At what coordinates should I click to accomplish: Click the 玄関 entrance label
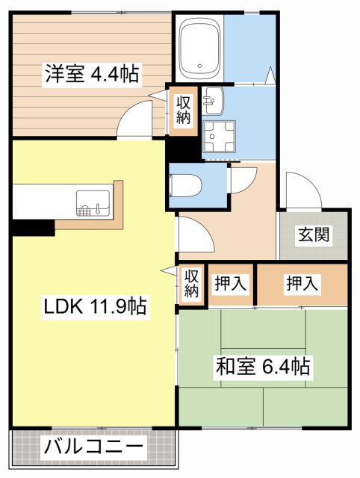(x=314, y=235)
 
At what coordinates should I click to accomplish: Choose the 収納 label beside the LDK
(x=191, y=282)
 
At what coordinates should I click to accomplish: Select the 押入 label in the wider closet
(x=302, y=283)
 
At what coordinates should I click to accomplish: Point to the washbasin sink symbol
(x=212, y=98)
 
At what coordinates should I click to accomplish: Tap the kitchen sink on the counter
(x=93, y=201)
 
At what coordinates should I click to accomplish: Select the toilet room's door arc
(x=240, y=179)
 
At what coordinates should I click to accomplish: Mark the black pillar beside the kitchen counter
(x=32, y=226)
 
